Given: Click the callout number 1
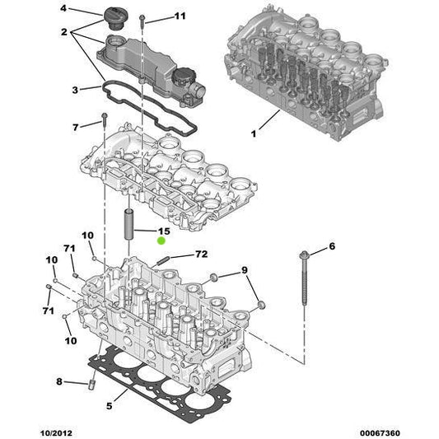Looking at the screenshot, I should (x=254, y=133).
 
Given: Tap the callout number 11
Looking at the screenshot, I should (x=180, y=16).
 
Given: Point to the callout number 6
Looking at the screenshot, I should (x=332, y=246).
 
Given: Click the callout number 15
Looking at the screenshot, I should (x=163, y=231).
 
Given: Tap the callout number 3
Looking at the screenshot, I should (x=74, y=89).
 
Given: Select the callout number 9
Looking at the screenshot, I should (x=244, y=271).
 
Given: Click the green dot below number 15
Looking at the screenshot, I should (x=162, y=241).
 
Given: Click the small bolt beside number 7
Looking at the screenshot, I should (x=105, y=124).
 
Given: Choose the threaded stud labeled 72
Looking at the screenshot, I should (x=162, y=260).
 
